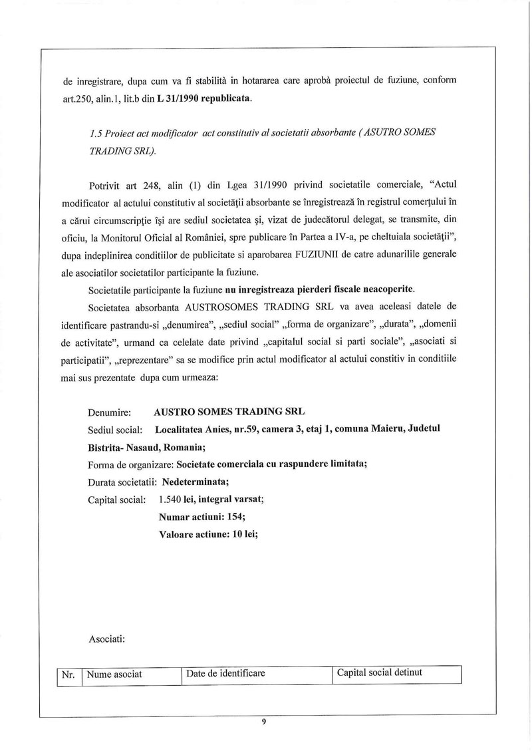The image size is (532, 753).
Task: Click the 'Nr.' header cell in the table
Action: click(x=67, y=675)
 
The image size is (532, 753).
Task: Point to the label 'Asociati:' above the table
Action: click(x=107, y=639)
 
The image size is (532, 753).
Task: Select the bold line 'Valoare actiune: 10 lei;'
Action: click(x=209, y=533)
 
